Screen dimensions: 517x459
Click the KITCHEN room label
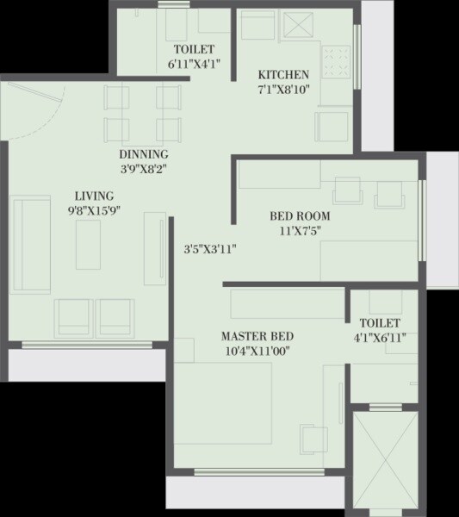click(x=283, y=74)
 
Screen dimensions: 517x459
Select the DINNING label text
click(x=143, y=155)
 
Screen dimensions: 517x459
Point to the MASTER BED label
click(x=257, y=336)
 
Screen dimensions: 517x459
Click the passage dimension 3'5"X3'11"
click(x=210, y=250)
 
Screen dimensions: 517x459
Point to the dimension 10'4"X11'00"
click(x=257, y=351)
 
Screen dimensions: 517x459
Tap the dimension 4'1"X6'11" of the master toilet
click(x=380, y=337)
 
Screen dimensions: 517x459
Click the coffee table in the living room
click(x=89, y=244)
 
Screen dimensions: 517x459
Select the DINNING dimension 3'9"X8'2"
click(x=143, y=169)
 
